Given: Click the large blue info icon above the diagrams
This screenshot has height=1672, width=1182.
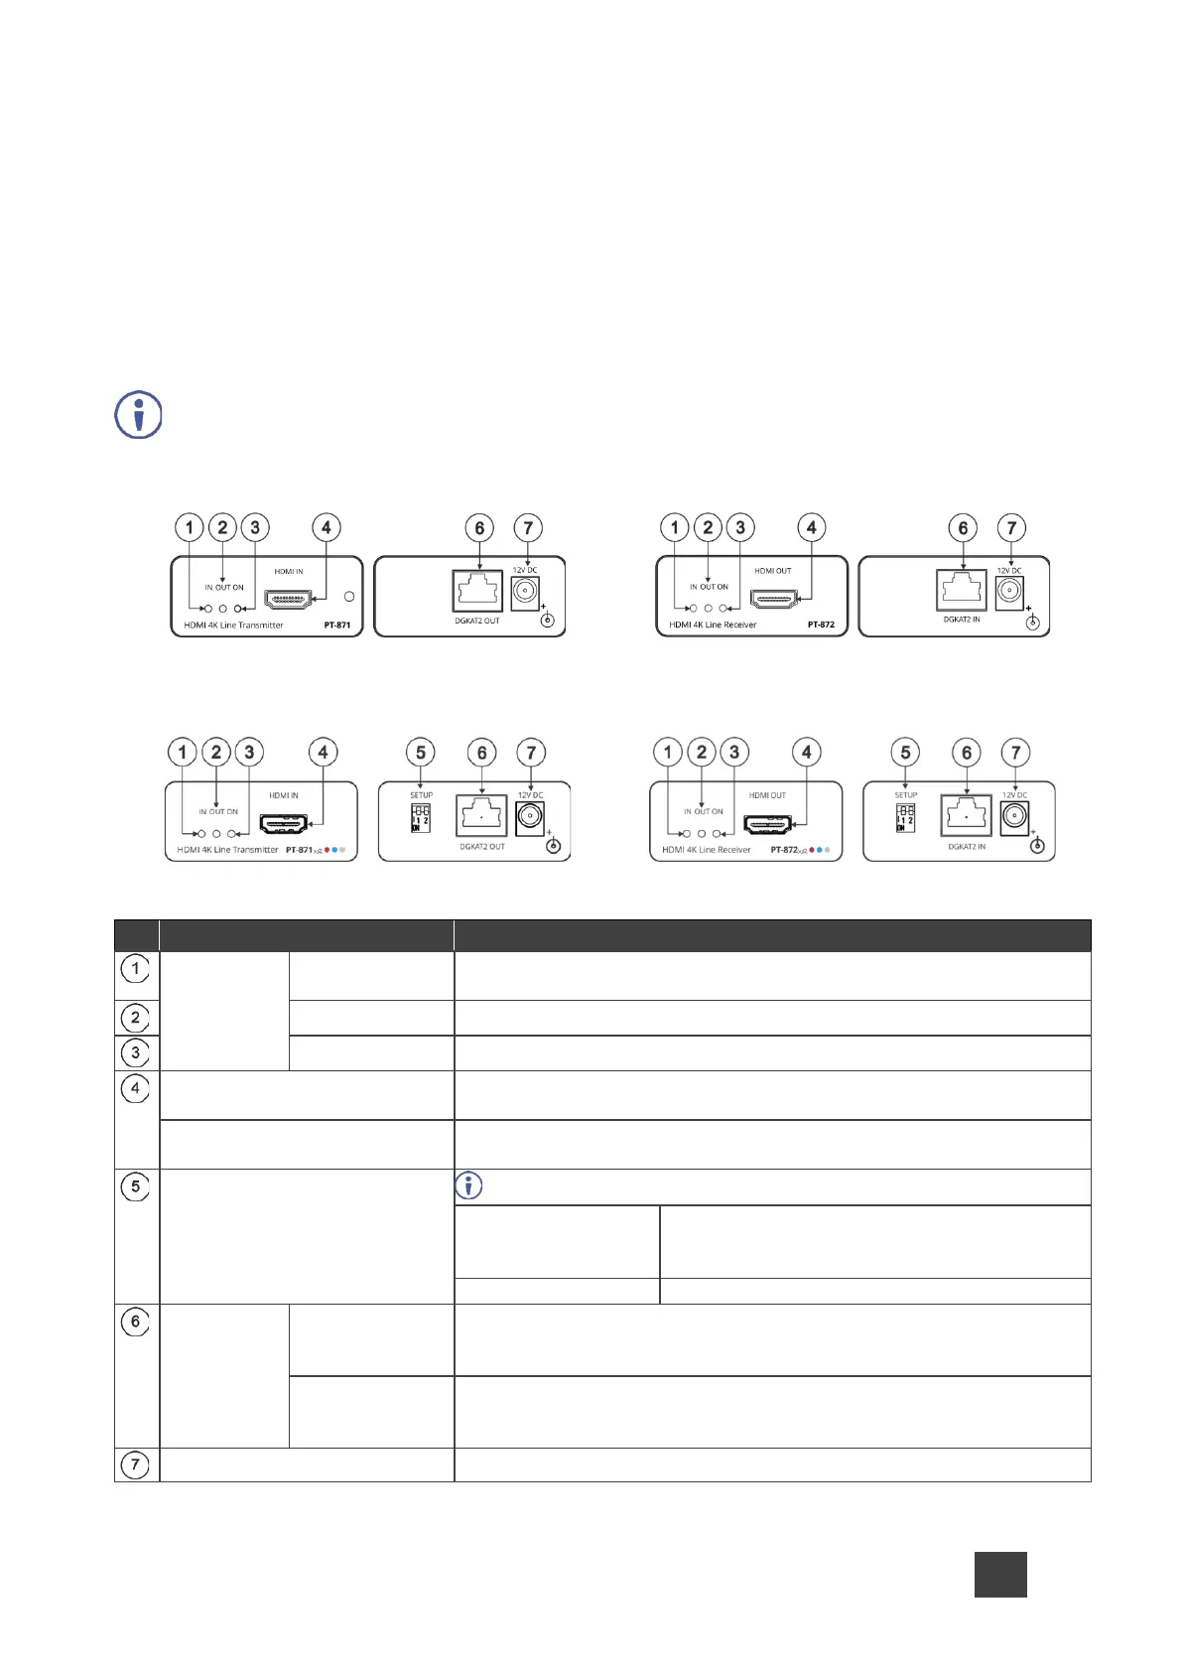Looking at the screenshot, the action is click(139, 415).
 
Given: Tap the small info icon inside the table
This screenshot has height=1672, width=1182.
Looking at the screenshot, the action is click(467, 1185).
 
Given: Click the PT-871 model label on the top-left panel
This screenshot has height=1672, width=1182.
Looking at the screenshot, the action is click(336, 626).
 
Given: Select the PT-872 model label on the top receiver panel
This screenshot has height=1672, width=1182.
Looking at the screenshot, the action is click(821, 625).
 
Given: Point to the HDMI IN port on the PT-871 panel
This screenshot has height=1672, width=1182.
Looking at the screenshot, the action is click(288, 599).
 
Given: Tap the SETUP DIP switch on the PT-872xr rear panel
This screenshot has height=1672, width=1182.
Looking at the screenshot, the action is click(905, 818).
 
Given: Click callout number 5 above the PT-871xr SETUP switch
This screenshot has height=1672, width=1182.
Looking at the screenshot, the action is click(421, 753).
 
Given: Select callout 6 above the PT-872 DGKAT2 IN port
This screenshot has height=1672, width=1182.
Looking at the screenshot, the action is click(963, 528).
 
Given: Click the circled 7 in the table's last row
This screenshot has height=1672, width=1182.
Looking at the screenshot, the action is click(136, 1463).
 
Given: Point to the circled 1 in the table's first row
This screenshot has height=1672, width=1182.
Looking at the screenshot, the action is click(136, 967).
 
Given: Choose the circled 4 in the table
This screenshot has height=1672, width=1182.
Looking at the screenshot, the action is click(136, 1088).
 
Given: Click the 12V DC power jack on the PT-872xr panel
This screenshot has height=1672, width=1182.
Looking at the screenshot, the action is click(1012, 817).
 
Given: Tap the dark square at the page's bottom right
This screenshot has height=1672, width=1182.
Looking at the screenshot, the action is click(1000, 1575).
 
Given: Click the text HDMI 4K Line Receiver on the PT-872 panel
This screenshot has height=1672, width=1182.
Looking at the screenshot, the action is click(713, 625).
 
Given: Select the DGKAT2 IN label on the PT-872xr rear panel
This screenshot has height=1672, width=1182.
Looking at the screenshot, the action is click(967, 847).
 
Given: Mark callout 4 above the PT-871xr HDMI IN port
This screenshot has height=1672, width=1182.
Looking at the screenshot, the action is click(323, 753).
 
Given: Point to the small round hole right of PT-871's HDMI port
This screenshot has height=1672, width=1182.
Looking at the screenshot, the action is click(348, 598).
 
